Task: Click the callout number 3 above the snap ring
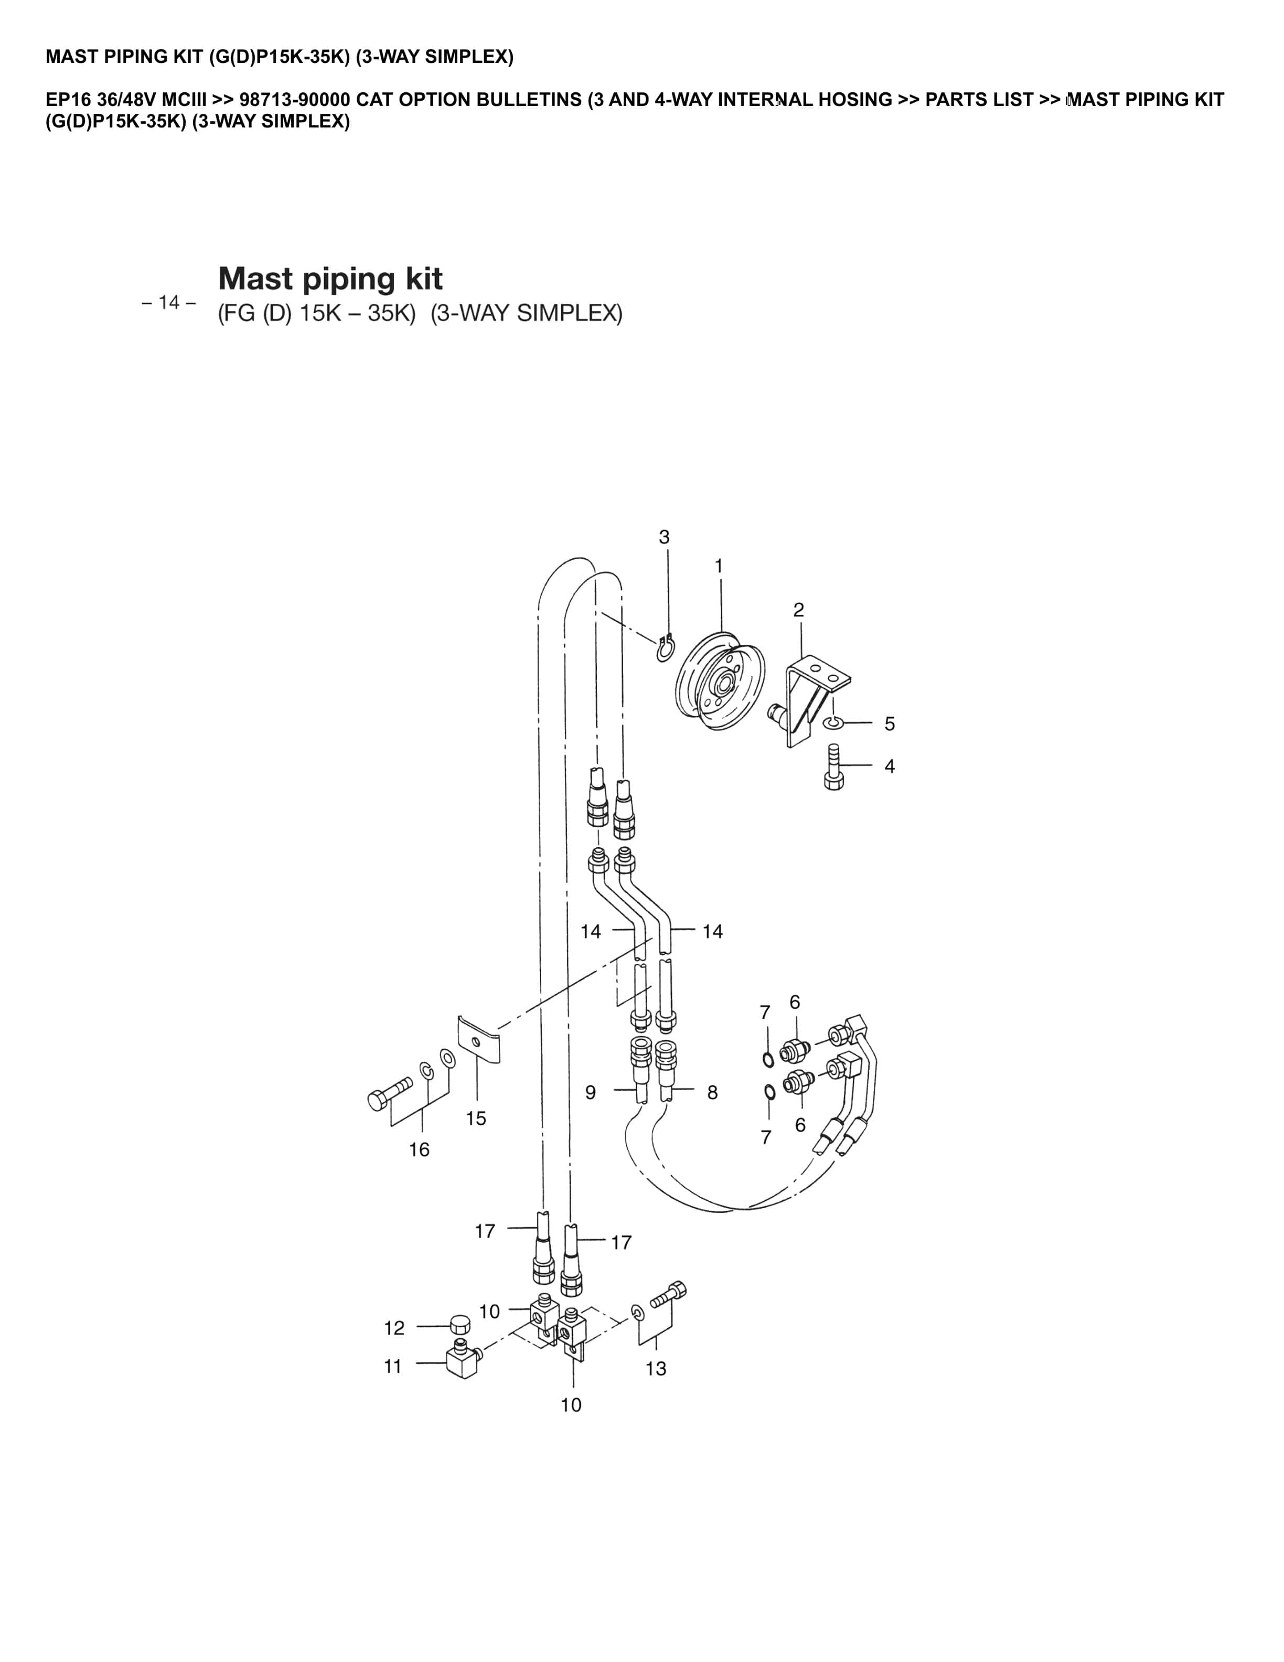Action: coord(664,537)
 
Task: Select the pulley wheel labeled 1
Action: coord(719,680)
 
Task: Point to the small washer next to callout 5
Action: coord(833,721)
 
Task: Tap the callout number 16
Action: coord(419,1149)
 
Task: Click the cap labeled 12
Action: coord(459,1325)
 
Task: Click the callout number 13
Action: coord(655,1368)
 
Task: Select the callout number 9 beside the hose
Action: coord(590,1092)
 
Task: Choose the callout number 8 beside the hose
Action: coord(712,1092)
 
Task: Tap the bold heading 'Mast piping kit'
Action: coord(330,279)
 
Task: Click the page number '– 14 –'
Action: coord(169,303)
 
